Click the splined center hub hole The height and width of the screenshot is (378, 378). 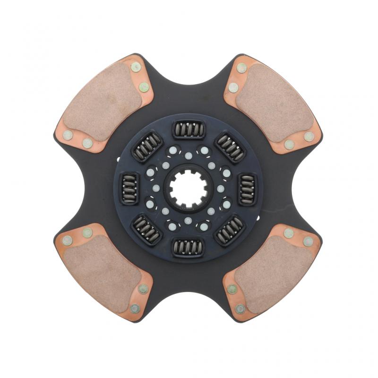point(188,189)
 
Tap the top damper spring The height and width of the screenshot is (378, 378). point(188,129)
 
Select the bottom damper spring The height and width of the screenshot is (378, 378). point(188,247)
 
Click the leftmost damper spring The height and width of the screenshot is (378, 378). point(129,188)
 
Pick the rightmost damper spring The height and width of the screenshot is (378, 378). point(247,188)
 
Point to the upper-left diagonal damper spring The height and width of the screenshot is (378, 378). point(146,146)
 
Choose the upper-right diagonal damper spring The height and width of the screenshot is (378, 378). point(230,146)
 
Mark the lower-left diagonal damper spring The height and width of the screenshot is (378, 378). point(146,230)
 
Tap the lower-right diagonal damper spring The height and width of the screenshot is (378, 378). point(230,230)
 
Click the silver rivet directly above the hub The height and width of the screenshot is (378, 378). point(189,156)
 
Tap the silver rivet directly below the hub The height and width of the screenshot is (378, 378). point(188,221)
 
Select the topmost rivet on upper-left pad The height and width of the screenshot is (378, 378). point(136,67)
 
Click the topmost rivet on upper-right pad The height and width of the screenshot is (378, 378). point(241,68)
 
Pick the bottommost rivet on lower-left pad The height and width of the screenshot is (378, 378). point(135,309)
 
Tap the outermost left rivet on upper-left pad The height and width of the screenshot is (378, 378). point(68,135)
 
